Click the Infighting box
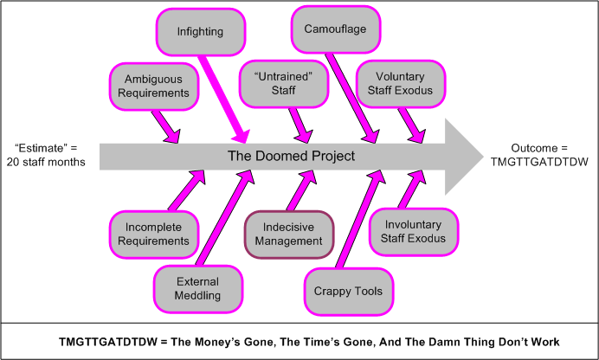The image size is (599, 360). tap(200, 32)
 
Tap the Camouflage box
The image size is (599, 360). tap(334, 29)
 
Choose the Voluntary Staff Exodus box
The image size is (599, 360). tap(400, 83)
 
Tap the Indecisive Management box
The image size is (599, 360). tap(288, 234)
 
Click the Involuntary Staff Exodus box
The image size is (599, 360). tap(408, 231)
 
